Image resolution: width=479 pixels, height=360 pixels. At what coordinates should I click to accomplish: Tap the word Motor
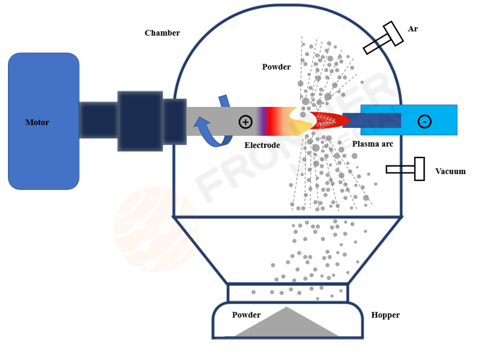[x=37, y=122]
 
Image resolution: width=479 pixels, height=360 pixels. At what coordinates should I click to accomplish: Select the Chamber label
[x=162, y=33]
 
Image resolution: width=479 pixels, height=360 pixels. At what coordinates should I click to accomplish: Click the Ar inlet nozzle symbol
[x=384, y=38]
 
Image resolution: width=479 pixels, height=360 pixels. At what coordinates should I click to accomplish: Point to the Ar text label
[x=413, y=29]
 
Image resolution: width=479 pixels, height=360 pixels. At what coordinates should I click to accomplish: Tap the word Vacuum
[x=450, y=171]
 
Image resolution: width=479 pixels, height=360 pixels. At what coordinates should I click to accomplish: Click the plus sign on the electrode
[x=245, y=121]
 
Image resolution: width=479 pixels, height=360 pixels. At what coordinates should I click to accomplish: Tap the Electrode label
[x=262, y=145]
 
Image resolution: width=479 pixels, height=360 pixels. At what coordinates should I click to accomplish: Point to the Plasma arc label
[x=372, y=144]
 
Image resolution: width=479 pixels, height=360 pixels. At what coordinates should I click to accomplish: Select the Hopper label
[x=385, y=315]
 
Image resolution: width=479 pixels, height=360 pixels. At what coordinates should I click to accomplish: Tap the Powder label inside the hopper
[x=246, y=315]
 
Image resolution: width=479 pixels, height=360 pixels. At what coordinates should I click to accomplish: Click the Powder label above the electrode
[x=276, y=67]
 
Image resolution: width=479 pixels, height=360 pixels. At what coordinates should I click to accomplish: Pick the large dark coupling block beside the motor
[x=140, y=121]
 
